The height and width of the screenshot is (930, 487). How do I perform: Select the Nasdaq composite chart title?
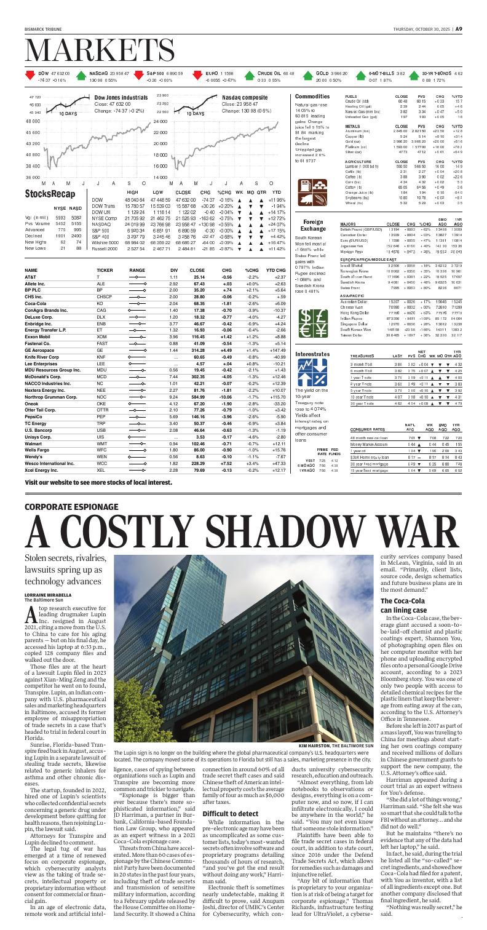[248, 97]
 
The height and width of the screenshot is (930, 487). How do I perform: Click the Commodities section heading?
[312, 97]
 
